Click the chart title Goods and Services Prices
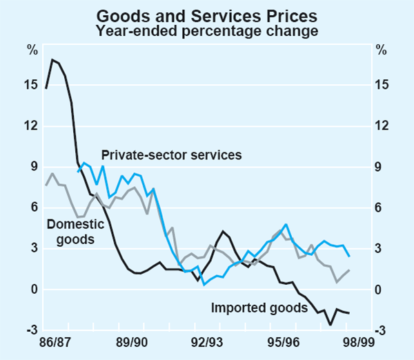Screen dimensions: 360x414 coord(206,14)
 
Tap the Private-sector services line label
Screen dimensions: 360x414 coord(171,154)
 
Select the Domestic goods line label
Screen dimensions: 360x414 coord(75,232)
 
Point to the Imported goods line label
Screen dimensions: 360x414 coord(259,308)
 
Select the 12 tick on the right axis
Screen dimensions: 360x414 coord(382,126)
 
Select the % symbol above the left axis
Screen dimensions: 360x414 coord(32,50)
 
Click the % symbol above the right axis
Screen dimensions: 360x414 coord(381,50)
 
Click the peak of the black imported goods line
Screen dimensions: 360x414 coord(52,59)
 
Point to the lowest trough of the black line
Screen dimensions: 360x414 coord(331,324)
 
